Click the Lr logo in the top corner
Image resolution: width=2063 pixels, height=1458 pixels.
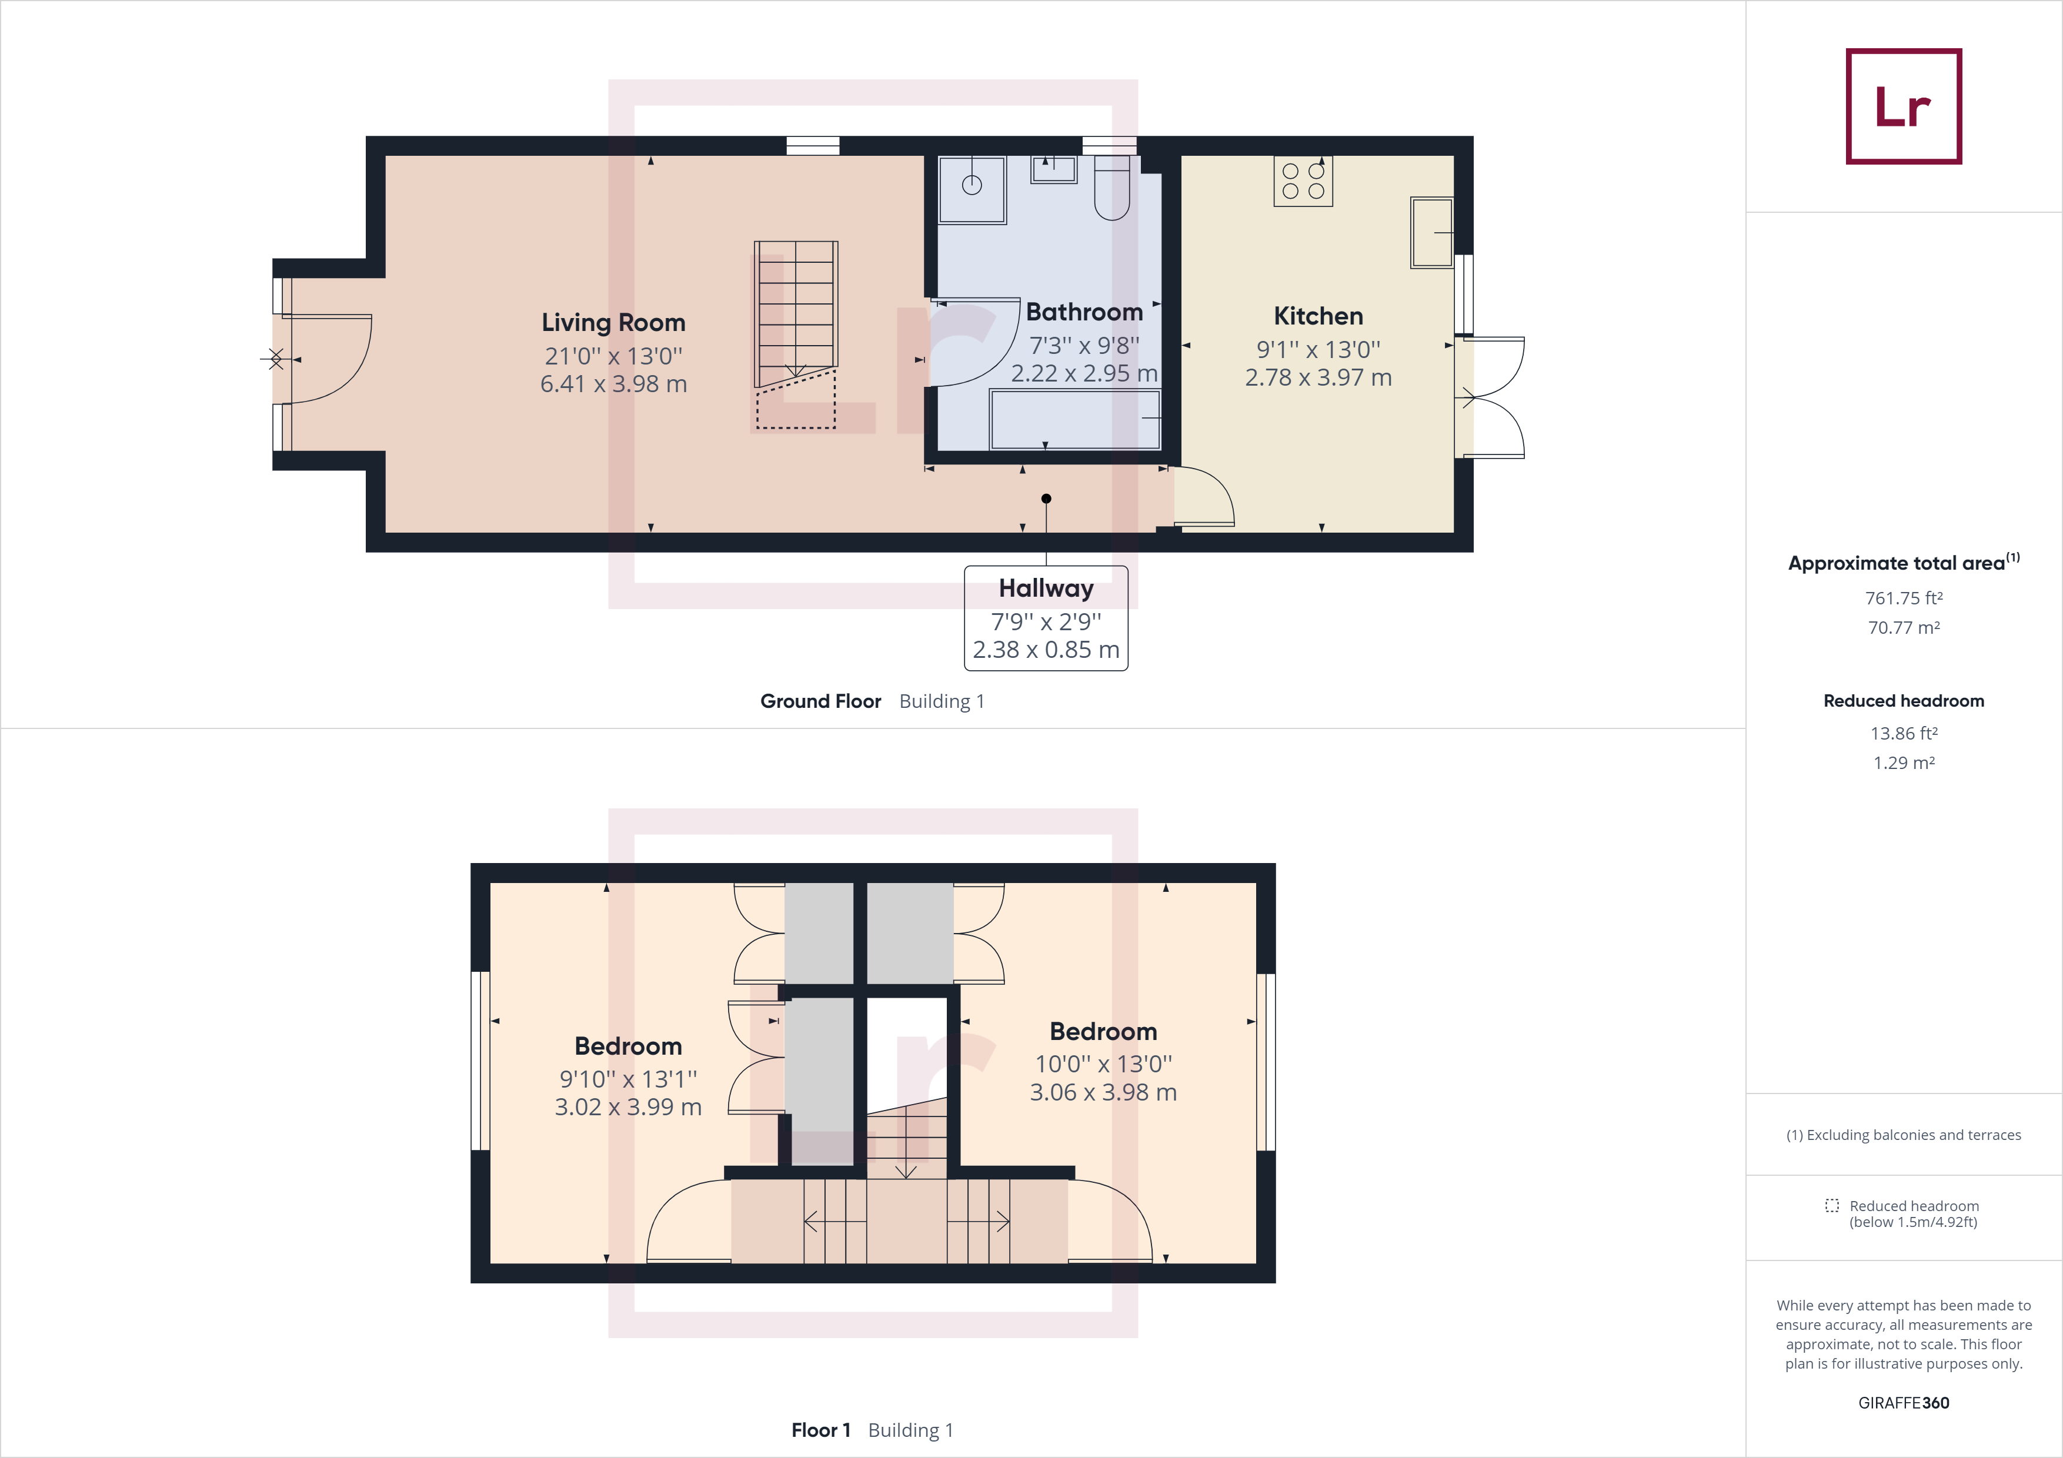point(1903,106)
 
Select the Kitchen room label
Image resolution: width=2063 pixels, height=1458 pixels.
point(1318,316)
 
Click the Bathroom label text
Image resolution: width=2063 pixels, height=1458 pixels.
point(1084,312)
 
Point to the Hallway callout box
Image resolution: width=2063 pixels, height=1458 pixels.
point(1046,618)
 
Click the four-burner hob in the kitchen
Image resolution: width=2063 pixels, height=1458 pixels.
point(1303,180)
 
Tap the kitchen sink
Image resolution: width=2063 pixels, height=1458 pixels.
point(1431,233)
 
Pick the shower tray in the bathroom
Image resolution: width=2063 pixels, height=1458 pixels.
point(972,189)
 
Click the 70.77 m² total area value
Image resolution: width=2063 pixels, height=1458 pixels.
point(1903,628)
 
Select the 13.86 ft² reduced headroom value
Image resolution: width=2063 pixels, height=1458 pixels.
point(1903,733)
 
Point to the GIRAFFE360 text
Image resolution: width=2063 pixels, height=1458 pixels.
point(1903,1402)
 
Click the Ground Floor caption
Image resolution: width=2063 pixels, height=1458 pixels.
point(820,701)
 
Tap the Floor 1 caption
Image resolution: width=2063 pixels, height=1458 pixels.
point(820,1429)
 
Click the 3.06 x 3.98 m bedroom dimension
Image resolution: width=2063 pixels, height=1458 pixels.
point(1103,1092)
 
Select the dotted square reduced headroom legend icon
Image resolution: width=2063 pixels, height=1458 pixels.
point(1831,1206)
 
